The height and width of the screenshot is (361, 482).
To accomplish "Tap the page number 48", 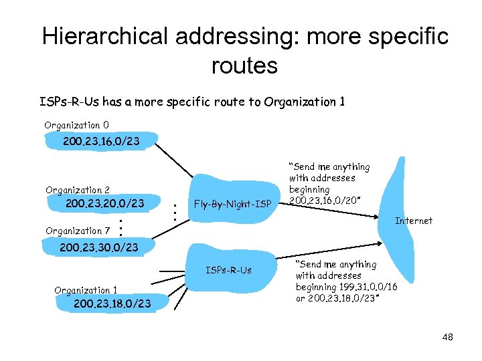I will tap(447, 337).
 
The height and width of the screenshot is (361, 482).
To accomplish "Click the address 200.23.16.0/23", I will tap(101, 141).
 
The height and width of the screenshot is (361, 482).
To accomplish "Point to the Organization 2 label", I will tap(78, 190).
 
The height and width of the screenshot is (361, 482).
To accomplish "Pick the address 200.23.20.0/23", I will tap(105, 203).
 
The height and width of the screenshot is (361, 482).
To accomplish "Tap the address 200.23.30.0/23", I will tap(99, 247).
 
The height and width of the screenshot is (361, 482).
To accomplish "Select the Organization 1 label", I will tap(86, 290).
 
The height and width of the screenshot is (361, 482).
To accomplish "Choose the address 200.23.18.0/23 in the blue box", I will tap(112, 304).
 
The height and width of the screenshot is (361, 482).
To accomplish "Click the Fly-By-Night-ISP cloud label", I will tap(232, 204).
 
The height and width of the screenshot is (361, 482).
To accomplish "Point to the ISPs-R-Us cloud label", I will tap(229, 270).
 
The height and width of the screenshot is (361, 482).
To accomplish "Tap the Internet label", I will tap(414, 221).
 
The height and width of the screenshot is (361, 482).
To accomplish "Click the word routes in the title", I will tap(244, 66).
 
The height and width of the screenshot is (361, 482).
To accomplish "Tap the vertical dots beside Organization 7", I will tap(120, 227).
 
